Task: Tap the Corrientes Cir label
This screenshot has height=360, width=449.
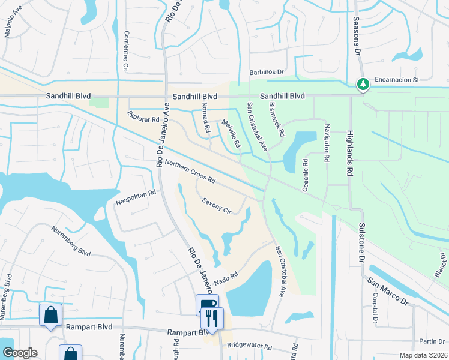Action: (x=127, y=51)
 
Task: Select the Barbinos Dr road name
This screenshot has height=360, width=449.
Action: (x=266, y=72)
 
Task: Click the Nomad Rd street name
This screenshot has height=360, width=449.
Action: (x=206, y=118)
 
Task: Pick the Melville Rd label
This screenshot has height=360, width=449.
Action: (x=231, y=135)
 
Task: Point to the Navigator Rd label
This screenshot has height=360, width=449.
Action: (x=327, y=144)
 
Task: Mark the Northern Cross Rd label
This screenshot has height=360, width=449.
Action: (x=190, y=172)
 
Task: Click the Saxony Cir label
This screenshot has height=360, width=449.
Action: (x=217, y=206)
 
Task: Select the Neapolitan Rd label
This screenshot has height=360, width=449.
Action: (x=136, y=198)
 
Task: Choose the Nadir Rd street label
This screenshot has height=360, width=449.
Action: (x=225, y=277)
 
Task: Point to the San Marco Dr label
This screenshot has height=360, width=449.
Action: (x=388, y=289)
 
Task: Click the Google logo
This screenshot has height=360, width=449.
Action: (x=20, y=353)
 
